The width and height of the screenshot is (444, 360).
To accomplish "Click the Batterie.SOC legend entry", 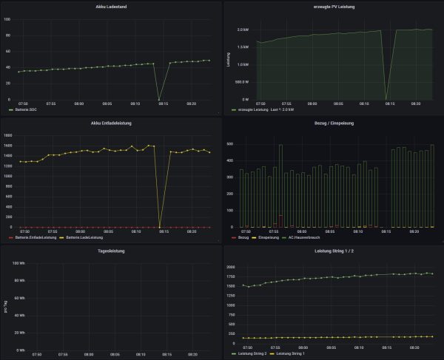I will pos(26,109).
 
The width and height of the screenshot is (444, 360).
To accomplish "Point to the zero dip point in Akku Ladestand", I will pos(159,99).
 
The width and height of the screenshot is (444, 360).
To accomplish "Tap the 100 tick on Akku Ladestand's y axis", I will pos(8,19).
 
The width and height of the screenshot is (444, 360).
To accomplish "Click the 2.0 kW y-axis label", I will pos(243,30).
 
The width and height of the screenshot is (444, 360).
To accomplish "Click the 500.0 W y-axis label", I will pos(242,82).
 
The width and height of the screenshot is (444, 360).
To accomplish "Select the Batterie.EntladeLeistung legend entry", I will pos(35,237).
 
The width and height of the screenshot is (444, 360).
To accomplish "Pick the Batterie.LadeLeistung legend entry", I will pos(84,237).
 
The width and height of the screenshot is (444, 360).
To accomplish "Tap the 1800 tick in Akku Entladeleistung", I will pos(9,135).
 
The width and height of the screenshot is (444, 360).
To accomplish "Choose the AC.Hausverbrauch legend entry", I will pos(301,237).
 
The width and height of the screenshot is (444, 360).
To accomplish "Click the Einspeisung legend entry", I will pos(268,237).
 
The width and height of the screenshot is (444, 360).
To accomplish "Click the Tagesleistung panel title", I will pos(111,251).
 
